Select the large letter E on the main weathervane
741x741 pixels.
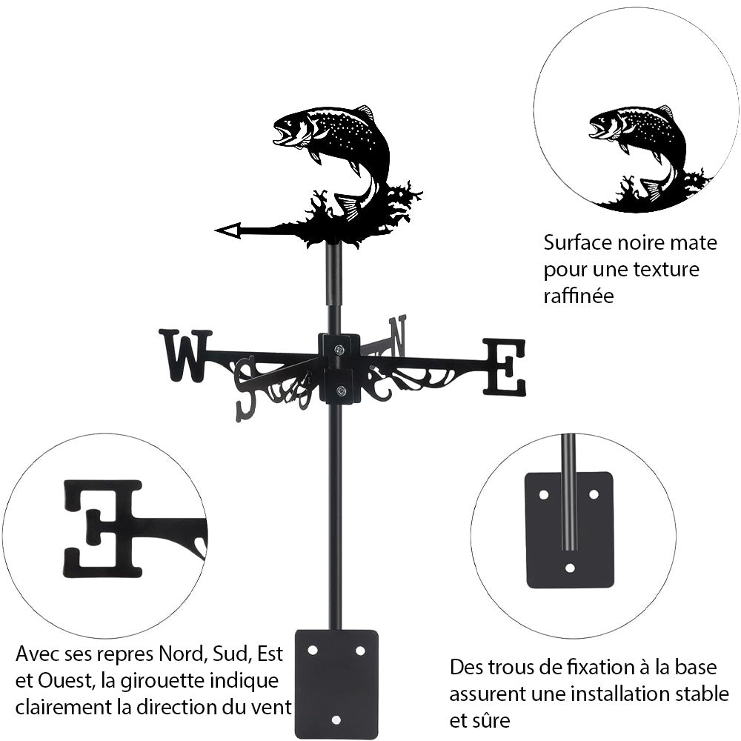tap(505, 367)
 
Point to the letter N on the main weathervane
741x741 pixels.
tap(399, 335)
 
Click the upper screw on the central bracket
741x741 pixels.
tap(339, 350)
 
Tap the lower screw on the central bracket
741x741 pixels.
tap(339, 391)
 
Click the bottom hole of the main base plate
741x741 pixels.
tap(336, 720)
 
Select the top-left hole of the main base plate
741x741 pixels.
tap(313, 650)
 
